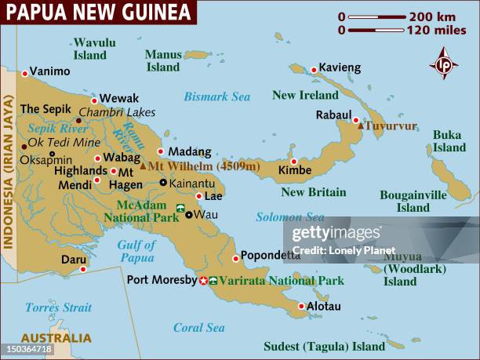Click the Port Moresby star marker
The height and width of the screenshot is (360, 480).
(203, 280)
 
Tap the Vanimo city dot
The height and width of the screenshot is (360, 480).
(25, 73)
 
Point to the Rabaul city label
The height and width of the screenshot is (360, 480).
(333, 115)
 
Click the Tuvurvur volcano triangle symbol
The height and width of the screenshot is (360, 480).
(360, 125)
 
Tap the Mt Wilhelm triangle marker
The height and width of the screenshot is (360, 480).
(143, 166)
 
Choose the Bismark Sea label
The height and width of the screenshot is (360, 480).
(217, 96)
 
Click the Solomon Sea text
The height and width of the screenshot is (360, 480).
(289, 216)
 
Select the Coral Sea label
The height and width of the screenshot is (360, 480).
(198, 328)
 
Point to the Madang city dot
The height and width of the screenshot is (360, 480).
(161, 151)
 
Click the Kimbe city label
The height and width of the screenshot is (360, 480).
(294, 169)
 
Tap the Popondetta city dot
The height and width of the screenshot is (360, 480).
(235, 259)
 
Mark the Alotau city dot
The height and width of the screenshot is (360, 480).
(301, 306)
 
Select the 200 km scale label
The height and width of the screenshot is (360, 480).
(431, 16)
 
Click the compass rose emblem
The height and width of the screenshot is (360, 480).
(444, 63)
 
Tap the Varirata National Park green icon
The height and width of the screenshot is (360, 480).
(213, 280)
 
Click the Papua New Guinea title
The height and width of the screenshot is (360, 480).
(98, 12)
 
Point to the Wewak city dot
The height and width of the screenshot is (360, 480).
(94, 100)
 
